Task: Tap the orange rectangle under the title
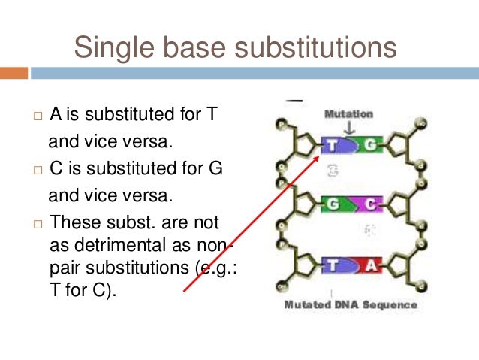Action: (14, 73)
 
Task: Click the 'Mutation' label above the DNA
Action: (348, 114)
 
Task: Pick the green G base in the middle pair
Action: (333, 204)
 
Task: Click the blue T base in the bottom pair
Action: (332, 264)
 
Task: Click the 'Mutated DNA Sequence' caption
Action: (350, 306)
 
